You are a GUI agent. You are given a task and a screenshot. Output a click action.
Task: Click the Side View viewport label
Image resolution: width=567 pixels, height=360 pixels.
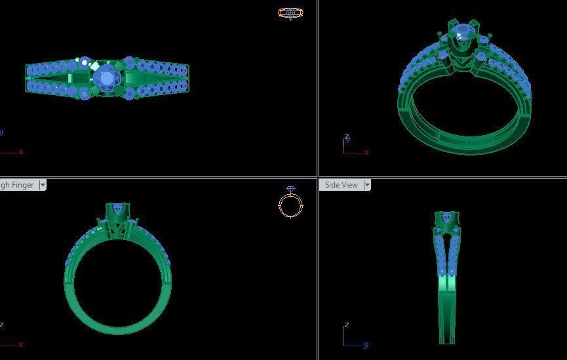pyautogui.click(x=341, y=185)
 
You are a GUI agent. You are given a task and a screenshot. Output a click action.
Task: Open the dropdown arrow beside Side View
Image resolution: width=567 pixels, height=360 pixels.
pyautogui.click(x=367, y=185)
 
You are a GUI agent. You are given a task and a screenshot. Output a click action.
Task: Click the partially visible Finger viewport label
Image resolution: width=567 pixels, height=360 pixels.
pyautogui.click(x=18, y=185)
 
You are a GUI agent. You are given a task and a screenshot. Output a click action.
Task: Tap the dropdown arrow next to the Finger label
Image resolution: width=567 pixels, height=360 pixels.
pyautogui.click(x=43, y=185)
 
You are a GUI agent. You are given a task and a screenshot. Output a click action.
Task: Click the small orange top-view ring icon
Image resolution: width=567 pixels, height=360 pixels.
pyautogui.click(x=290, y=12)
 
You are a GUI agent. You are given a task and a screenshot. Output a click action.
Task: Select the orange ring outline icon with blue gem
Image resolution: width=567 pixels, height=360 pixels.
pyautogui.click(x=290, y=203)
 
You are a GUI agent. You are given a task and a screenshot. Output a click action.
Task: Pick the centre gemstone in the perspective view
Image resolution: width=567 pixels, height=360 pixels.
pyautogui.click(x=463, y=32)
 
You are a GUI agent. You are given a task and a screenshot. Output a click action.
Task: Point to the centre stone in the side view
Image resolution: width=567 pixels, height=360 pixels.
pyautogui.click(x=446, y=217)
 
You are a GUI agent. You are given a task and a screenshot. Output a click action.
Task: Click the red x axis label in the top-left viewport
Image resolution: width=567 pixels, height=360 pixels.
pyautogui.click(x=21, y=151)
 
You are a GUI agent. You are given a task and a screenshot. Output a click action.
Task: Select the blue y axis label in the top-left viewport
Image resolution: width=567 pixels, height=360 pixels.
pyautogui.click(x=1, y=132)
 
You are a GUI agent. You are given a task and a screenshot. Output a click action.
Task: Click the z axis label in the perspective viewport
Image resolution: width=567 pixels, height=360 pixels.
pyautogui.click(x=347, y=138)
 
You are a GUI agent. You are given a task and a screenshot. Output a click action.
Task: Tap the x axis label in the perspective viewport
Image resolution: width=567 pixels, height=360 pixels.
pyautogui.click(x=366, y=153)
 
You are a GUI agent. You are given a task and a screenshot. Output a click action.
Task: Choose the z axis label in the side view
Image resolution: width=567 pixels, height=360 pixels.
pyautogui.click(x=345, y=325)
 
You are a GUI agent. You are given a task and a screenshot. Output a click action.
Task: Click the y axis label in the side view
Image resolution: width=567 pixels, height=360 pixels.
pyautogui.click(x=366, y=345)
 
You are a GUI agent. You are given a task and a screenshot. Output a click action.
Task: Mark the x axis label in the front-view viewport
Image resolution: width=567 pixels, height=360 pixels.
pyautogui.click(x=21, y=344)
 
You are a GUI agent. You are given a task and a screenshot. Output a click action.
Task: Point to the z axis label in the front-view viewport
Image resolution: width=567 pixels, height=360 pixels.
pyautogui.click(x=2, y=325)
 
